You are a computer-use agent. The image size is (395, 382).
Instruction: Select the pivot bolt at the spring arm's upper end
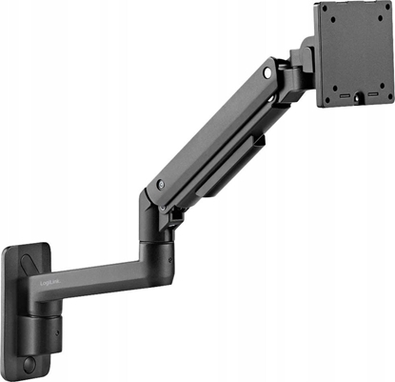269,71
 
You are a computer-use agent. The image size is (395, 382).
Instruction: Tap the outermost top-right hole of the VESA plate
385,10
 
